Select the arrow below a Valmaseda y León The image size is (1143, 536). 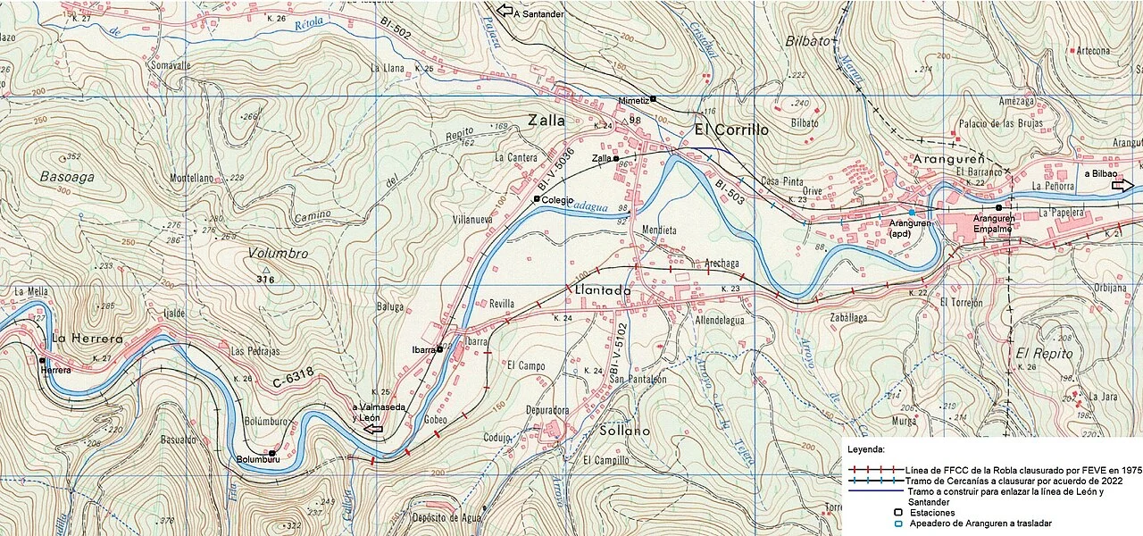(x=373, y=430)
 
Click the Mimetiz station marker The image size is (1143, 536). (x=653, y=99)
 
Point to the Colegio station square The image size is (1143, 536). (x=536, y=199)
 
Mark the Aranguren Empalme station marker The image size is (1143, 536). (x=998, y=207)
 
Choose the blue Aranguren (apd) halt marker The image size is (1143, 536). (x=911, y=212)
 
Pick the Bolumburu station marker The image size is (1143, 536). (x=271, y=453)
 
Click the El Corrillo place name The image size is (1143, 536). (x=730, y=130)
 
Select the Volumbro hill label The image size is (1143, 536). (x=278, y=254)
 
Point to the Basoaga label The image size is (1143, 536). (x=67, y=177)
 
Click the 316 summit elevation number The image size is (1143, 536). (x=263, y=281)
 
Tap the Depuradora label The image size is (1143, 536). (x=546, y=411)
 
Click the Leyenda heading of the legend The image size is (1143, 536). (x=866, y=449)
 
